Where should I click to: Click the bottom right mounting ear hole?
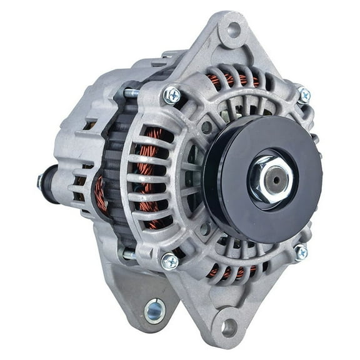pyautogui.click(x=229, y=327)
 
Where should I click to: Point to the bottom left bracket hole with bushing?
pyautogui.click(x=154, y=311)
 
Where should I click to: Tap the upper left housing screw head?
pyautogui.click(x=171, y=95)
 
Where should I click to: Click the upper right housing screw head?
pyautogui.click(x=304, y=95)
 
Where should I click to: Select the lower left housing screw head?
pyautogui.click(x=170, y=261)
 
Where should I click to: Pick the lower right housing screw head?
pyautogui.click(x=301, y=252)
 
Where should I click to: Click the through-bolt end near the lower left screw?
pyautogui.click(x=129, y=254)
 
